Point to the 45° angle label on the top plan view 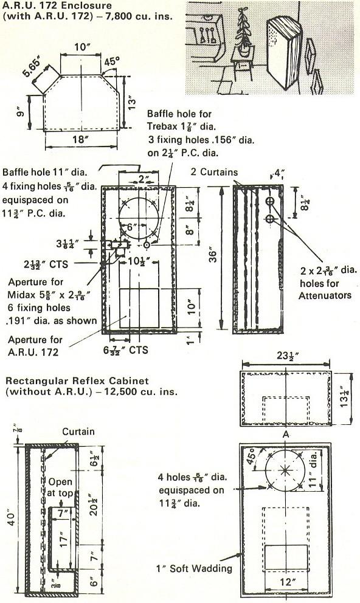pyautogui.click(x=112, y=61)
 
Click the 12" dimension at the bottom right pyautogui.click(x=286, y=582)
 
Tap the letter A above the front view pyautogui.click(x=285, y=435)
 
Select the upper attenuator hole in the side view pyautogui.click(x=270, y=201)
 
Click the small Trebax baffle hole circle pyautogui.click(x=147, y=244)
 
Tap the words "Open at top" pyautogui.click(x=60, y=488)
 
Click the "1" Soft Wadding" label pyautogui.click(x=194, y=568)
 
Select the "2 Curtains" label pyautogui.click(x=214, y=172)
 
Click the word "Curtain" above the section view pyautogui.click(x=78, y=432)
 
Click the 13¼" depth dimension pyautogui.click(x=345, y=398)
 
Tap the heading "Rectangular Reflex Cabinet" pyautogui.click(x=77, y=381)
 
